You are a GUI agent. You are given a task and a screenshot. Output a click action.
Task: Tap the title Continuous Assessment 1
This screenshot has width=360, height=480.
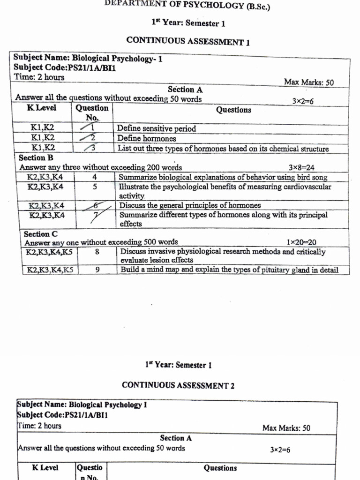coord(188,41)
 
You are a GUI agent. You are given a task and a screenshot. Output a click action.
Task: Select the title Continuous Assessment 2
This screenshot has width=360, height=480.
coord(178,385)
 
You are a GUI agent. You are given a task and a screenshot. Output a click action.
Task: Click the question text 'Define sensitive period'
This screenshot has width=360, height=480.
coord(157,128)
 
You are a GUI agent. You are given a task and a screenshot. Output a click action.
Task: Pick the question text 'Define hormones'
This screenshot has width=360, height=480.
coord(147,139)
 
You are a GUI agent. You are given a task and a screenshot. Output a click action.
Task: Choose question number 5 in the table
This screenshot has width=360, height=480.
coord(95,187)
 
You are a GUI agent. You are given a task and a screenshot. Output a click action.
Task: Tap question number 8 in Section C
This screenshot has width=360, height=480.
coord(97,252)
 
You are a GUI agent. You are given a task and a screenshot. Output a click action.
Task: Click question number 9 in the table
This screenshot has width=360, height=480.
coord(97,270)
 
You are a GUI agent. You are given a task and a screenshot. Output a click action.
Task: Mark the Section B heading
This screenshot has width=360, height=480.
coord(36,158)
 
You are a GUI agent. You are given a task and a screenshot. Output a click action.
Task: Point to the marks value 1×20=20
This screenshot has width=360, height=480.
coord(301,242)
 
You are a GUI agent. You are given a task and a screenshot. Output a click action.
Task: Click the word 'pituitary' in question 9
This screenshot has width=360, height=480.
coord(265,270)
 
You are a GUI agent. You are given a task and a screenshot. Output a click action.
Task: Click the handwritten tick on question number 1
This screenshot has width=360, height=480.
coord(87,127)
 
